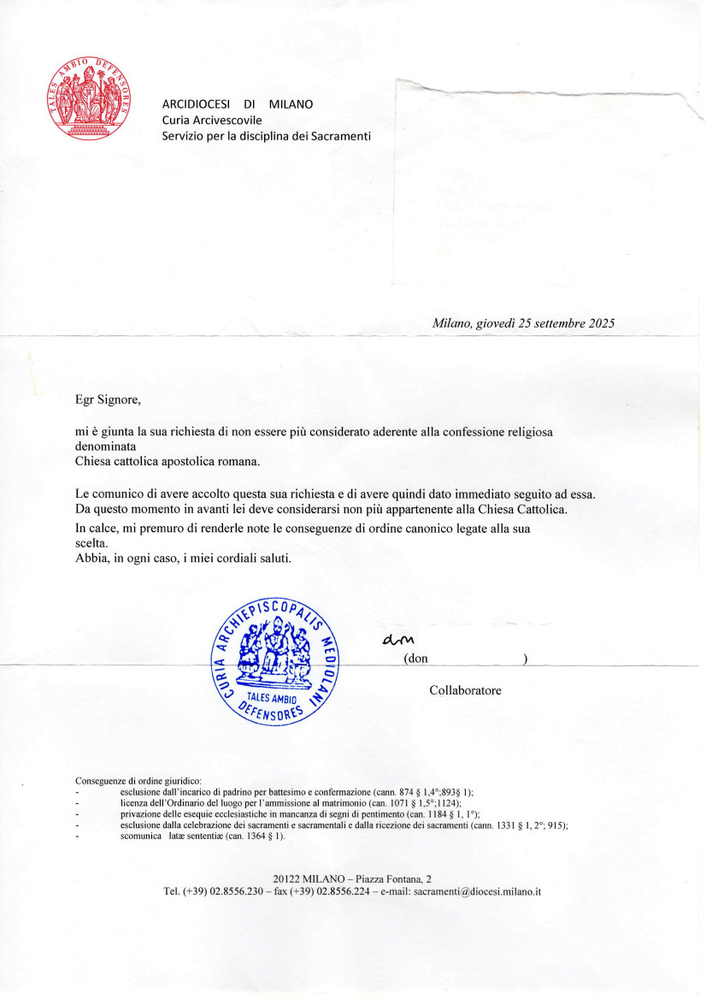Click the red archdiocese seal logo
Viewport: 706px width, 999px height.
(91, 101)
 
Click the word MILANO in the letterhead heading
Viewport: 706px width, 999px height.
(291, 104)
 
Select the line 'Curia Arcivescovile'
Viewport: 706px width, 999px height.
(212, 120)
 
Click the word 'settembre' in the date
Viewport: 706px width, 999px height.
(543, 323)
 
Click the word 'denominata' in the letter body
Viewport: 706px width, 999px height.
(108, 446)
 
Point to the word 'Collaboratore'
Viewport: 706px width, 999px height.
(465, 690)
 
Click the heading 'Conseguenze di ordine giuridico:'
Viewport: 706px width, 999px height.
(138, 781)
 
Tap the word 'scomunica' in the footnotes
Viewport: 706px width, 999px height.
(140, 836)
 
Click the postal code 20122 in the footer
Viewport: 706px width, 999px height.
(288, 878)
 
